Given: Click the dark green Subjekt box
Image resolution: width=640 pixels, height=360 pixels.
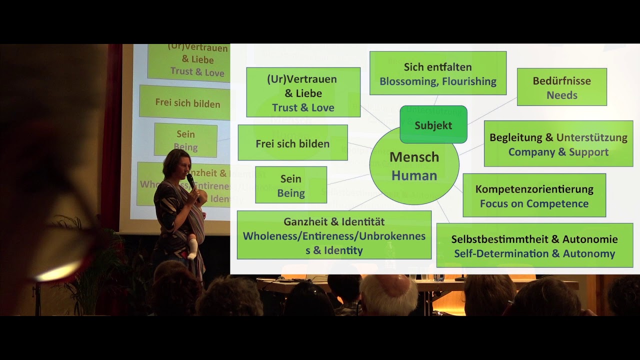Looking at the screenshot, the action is click(433, 125).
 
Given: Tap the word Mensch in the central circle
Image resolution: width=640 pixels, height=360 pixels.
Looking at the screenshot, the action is click(414, 157).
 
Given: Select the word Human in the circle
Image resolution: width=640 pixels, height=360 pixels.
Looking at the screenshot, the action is click(414, 175).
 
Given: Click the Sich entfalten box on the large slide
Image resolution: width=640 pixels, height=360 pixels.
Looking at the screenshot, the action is click(437, 73).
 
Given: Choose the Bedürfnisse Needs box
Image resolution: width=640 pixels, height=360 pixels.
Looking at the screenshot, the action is click(561, 87).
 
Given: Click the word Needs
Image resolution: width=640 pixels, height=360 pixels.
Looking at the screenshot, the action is click(561, 95).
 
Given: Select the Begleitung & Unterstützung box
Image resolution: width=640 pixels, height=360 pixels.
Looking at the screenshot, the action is click(558, 143).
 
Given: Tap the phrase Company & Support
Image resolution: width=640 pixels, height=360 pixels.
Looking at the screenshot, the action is click(558, 152).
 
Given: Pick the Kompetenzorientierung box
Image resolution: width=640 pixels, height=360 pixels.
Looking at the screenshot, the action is click(534, 195).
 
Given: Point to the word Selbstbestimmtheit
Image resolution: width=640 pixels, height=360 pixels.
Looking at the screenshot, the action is click(500, 239).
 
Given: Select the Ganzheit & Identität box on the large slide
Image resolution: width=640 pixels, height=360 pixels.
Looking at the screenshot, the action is click(334, 234).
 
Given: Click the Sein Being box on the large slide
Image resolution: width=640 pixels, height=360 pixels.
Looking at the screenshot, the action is click(290, 185).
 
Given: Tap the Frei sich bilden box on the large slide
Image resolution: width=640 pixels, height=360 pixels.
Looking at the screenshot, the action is click(292, 143).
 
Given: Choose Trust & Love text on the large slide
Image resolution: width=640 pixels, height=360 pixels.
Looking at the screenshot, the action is click(303, 107).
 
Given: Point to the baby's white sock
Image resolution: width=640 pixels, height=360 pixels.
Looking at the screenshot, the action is click(192, 249).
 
